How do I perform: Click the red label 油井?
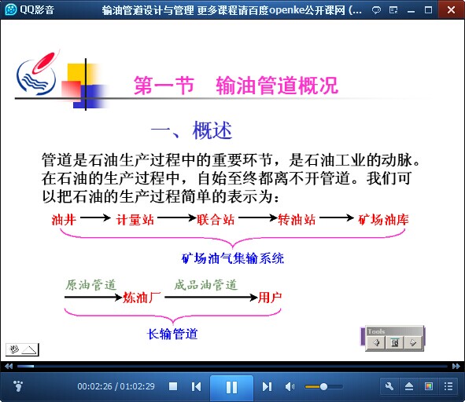click(x=64, y=220)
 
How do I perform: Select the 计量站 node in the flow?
click(x=135, y=220)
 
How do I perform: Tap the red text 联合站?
click(x=216, y=220)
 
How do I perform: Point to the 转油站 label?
click(x=297, y=220)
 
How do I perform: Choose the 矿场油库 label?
click(x=383, y=220)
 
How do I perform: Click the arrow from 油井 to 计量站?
click(x=95, y=217)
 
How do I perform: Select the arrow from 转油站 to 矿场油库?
click(x=337, y=217)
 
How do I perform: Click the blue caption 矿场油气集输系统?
click(x=233, y=258)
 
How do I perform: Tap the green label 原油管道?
click(x=90, y=285)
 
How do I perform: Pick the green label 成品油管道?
click(x=206, y=285)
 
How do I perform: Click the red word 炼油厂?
click(x=142, y=298)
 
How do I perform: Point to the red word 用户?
click(x=270, y=298)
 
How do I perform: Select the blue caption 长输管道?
click(x=172, y=334)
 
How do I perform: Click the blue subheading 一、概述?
click(x=191, y=130)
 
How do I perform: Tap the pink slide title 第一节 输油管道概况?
click(x=236, y=86)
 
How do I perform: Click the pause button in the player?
click(x=231, y=387)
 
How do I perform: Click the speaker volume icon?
click(x=290, y=386)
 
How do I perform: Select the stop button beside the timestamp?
click(x=173, y=386)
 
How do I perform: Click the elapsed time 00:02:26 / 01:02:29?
click(x=116, y=386)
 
